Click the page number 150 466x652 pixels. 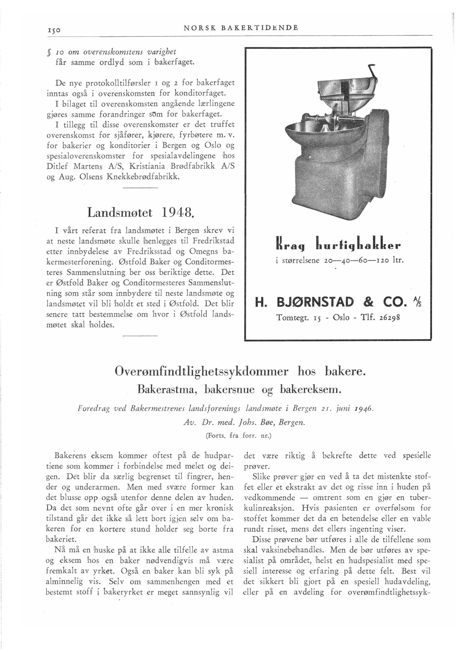tap(53, 29)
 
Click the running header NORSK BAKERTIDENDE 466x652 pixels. tap(241, 28)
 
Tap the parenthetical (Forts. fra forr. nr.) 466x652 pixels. tap(238, 436)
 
